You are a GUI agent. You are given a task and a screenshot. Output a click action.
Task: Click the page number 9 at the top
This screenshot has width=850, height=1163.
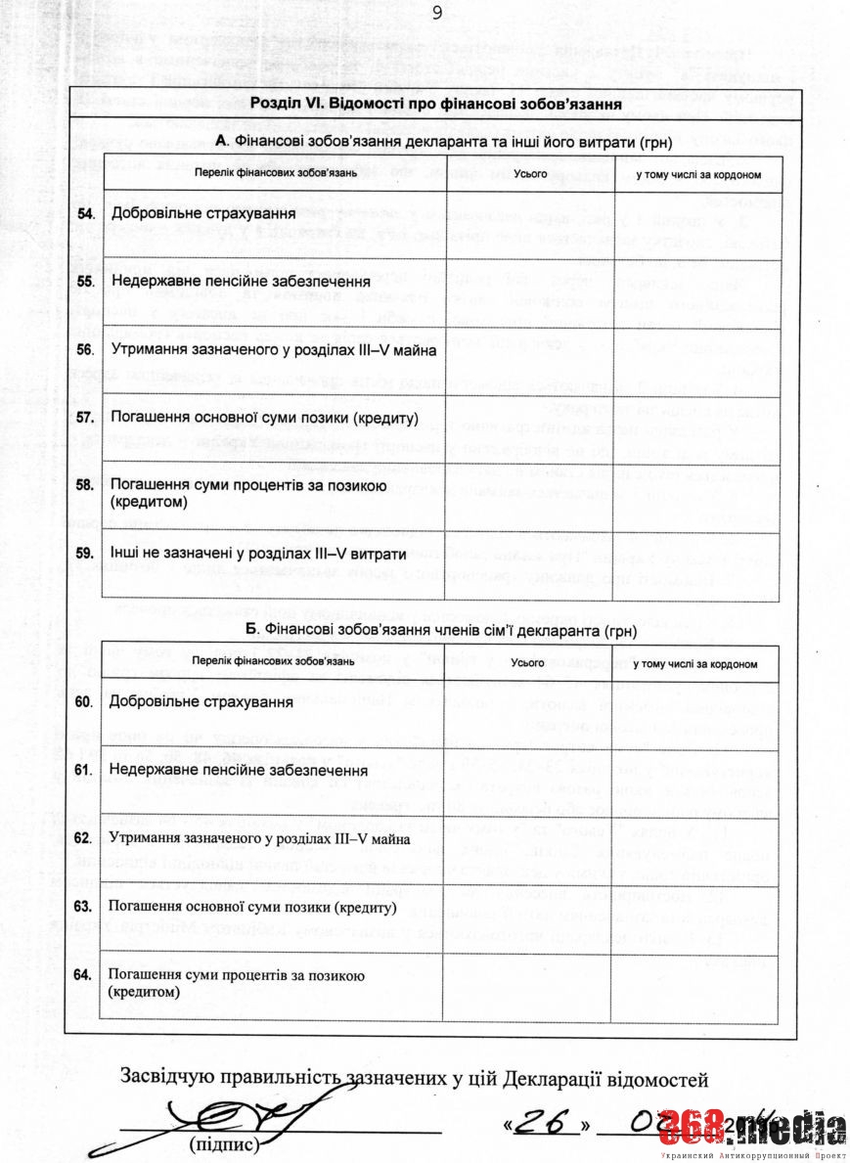pyautogui.click(x=435, y=13)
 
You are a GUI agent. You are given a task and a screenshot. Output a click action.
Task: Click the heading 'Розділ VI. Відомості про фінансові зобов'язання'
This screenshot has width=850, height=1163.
pyautogui.click(x=437, y=105)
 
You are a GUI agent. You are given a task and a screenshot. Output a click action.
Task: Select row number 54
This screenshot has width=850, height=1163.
pyautogui.click(x=86, y=213)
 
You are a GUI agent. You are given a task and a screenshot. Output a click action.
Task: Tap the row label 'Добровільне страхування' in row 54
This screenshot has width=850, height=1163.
pyautogui.click(x=203, y=213)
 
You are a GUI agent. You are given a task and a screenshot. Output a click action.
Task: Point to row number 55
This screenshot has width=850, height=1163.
pyautogui.click(x=86, y=281)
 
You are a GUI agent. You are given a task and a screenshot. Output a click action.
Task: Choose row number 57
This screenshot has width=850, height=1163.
pyautogui.click(x=86, y=418)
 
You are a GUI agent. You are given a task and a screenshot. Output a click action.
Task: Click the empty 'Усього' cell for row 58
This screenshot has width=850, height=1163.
pyautogui.click(x=528, y=495)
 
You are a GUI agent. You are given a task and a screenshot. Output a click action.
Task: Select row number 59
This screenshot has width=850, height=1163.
pyautogui.click(x=86, y=554)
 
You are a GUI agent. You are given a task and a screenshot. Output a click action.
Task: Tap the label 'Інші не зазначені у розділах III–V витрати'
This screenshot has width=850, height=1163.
pyautogui.click(x=257, y=554)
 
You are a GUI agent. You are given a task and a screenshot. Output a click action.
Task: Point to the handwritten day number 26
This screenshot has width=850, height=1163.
pyautogui.click(x=545, y=1124)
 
